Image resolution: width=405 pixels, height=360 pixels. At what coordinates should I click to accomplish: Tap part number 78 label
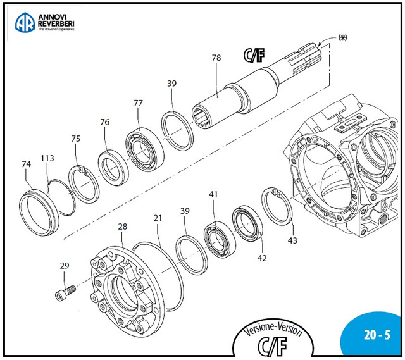click(216, 58)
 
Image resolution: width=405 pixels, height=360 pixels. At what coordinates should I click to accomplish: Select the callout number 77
click(139, 103)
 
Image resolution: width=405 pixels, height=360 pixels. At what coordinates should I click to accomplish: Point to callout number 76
click(105, 122)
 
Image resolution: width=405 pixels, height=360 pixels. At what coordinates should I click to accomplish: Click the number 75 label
click(76, 139)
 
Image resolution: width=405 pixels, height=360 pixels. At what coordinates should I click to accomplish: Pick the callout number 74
click(26, 164)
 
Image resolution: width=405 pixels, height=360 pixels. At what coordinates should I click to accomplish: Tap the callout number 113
click(47, 158)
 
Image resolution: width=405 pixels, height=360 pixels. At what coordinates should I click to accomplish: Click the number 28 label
click(122, 227)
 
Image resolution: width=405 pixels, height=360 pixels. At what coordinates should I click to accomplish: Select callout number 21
click(158, 218)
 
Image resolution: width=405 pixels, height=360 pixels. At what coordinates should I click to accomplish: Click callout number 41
click(213, 195)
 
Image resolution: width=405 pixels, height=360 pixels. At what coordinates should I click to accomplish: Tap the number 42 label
click(262, 258)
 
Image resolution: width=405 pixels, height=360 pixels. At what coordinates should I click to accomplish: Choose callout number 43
click(292, 240)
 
